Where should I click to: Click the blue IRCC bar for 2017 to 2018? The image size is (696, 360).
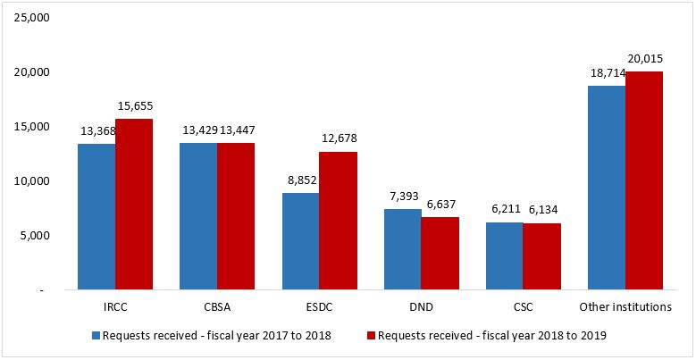[x=96, y=217]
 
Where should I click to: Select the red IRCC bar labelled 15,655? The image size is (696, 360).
[x=134, y=205]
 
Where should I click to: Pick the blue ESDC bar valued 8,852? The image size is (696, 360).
[x=300, y=241]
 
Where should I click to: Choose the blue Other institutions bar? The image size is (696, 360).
[x=606, y=188]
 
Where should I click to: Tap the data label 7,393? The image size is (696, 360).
[x=403, y=196]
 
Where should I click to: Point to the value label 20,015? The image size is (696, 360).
[x=643, y=58]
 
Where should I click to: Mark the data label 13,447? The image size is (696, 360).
[x=237, y=130]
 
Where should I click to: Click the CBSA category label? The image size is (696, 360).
[x=217, y=307]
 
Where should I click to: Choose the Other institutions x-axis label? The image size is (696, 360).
[x=625, y=307]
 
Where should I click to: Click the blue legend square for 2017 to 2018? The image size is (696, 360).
[x=96, y=337]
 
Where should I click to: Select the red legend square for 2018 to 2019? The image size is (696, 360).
[x=371, y=337]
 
